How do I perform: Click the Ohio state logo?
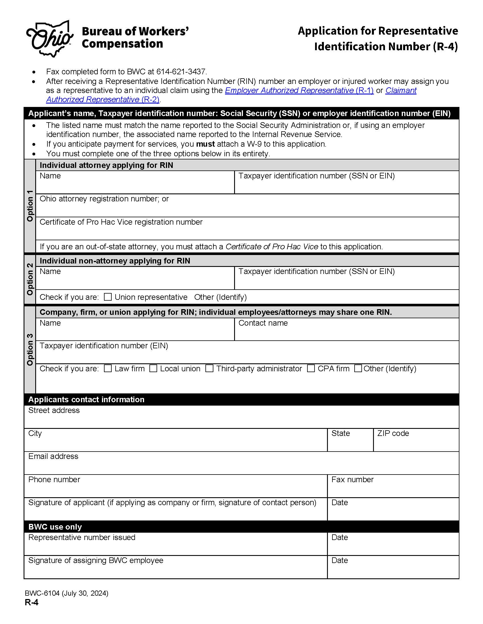point(49,39)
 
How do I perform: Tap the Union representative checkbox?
point(108,297)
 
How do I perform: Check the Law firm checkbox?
point(108,368)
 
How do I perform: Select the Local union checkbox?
point(153,368)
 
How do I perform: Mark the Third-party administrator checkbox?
point(209,368)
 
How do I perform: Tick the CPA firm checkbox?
point(311,368)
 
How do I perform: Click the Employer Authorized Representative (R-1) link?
point(299,90)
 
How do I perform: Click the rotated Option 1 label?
point(30,206)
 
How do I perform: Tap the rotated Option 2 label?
point(30,279)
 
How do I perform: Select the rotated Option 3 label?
point(30,349)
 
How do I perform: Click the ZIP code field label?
point(393,433)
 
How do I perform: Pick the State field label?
point(340,433)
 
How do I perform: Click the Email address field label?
point(53,456)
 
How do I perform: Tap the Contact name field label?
point(263,323)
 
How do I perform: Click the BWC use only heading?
point(55,527)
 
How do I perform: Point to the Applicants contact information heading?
point(86,399)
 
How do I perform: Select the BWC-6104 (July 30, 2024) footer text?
point(66,593)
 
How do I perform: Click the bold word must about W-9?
point(205,144)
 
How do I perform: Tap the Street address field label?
point(54,410)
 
